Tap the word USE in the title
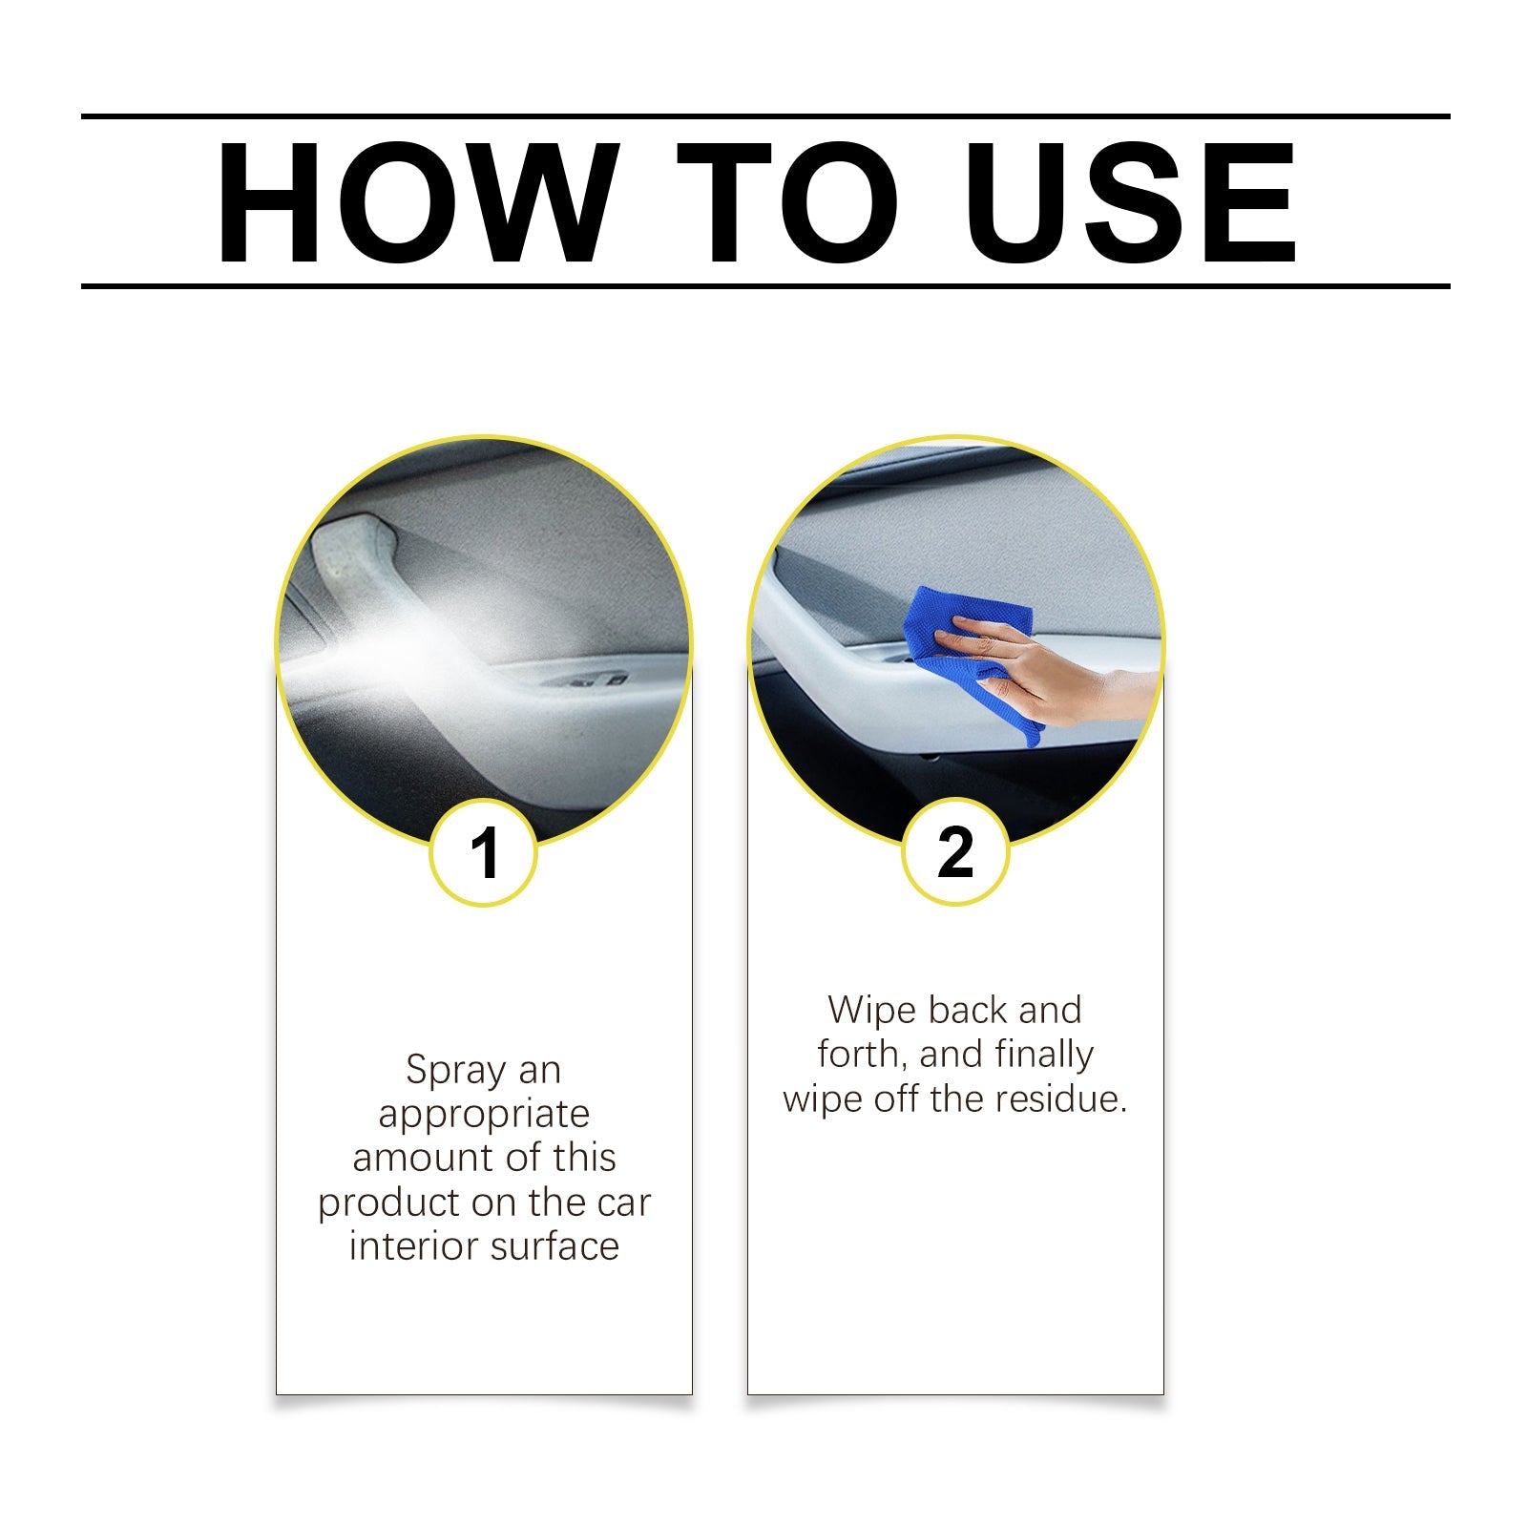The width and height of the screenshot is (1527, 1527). click(x=1132, y=202)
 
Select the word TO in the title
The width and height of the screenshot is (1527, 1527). click(x=787, y=202)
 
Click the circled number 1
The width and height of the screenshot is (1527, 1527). click(x=484, y=852)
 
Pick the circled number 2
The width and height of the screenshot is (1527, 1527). click(x=955, y=852)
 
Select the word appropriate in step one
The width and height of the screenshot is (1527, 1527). click(x=484, y=1115)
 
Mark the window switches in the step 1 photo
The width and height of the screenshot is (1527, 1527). click(x=582, y=681)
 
